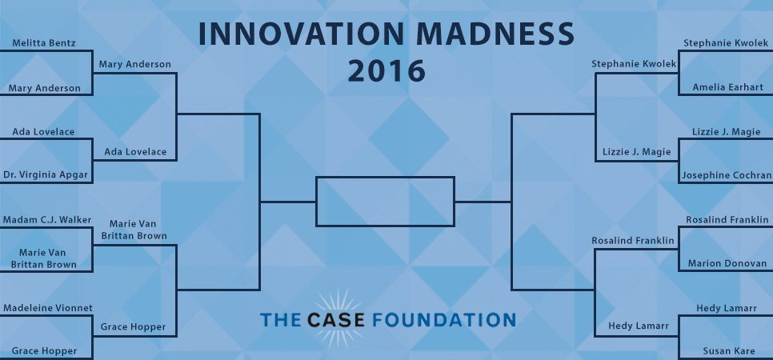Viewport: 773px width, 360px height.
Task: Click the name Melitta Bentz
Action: coord(44,43)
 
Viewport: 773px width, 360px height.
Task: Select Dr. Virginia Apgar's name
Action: coord(46,175)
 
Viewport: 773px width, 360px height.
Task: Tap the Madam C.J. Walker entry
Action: coord(47,219)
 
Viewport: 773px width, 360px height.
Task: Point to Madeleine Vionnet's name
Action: coord(48,308)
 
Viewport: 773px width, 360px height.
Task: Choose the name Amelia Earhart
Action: coord(727,87)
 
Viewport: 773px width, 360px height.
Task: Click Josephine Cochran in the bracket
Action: coord(727,175)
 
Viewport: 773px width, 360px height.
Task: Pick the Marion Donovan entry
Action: coord(727,263)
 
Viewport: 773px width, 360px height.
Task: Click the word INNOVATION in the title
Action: coord(301,34)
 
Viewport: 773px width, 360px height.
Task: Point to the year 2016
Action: coord(386,70)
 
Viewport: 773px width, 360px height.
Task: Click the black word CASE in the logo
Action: coord(336,319)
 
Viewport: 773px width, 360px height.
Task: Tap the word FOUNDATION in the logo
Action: coord(443,319)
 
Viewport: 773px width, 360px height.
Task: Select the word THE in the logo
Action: coord(280,319)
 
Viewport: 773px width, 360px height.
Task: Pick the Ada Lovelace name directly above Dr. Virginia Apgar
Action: coord(43,132)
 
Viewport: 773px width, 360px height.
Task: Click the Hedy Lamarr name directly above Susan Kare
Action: coord(727,308)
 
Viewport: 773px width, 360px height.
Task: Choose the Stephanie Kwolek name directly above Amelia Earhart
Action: coord(726,43)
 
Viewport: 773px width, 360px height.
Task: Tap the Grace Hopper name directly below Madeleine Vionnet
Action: coord(44,351)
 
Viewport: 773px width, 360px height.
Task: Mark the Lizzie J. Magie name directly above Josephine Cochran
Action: coord(726,132)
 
